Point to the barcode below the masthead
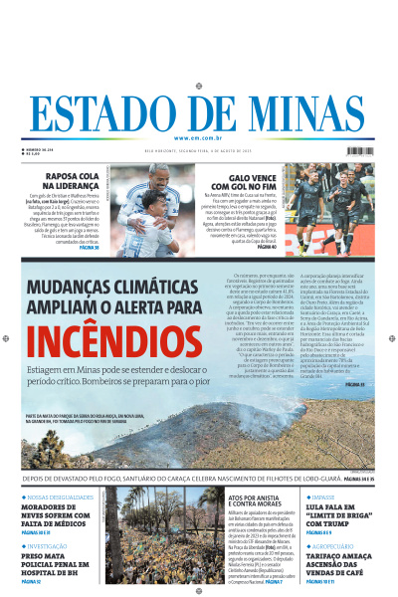tap(360, 151)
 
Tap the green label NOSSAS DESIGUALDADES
tap(56, 495)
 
